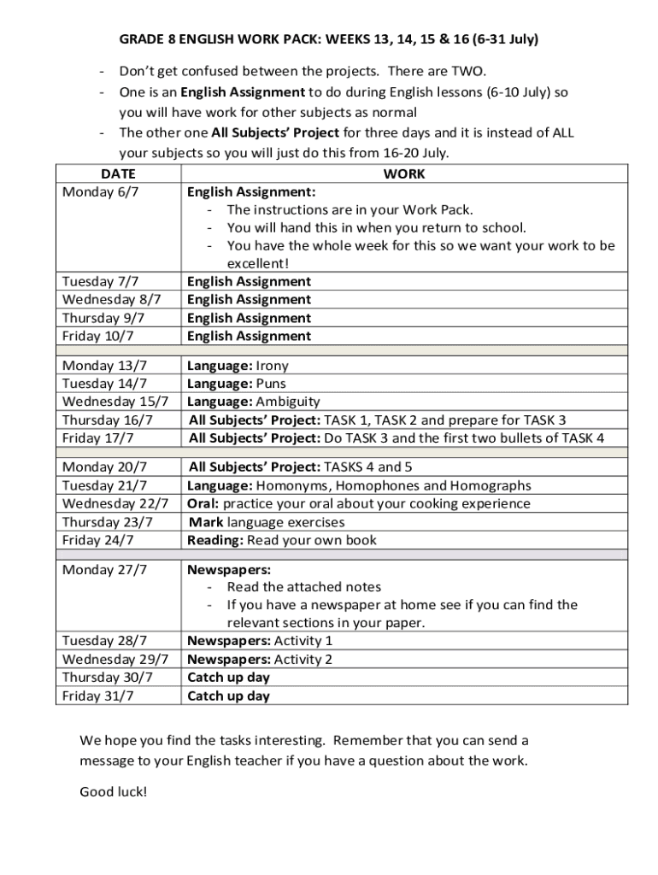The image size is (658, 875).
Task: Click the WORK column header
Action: [x=404, y=174]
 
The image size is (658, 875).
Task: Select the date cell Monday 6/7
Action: [x=100, y=192]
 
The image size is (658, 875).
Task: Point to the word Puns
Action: [x=271, y=384]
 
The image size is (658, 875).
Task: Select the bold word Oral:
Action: [x=203, y=503]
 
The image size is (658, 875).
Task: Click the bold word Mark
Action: [x=207, y=521]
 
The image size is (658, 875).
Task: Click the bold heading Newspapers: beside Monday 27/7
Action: [x=229, y=569]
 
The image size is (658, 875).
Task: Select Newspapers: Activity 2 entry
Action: [x=260, y=659]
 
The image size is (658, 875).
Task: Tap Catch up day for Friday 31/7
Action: [x=228, y=696]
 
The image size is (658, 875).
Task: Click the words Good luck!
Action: [x=114, y=791]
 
